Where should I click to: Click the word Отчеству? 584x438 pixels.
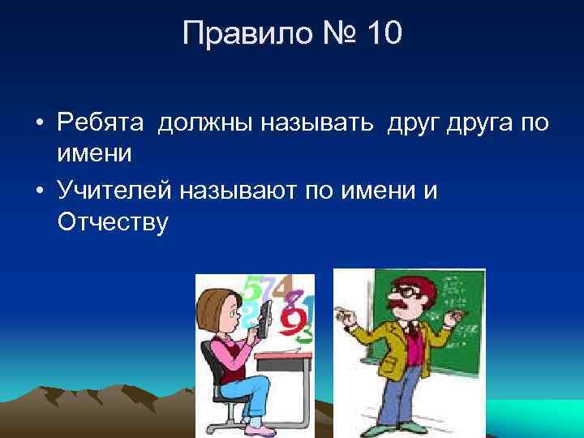114,221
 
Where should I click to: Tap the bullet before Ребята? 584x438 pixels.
39,123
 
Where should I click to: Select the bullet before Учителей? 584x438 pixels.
39,191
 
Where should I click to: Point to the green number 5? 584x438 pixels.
252,290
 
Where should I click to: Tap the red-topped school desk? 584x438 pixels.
284,355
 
